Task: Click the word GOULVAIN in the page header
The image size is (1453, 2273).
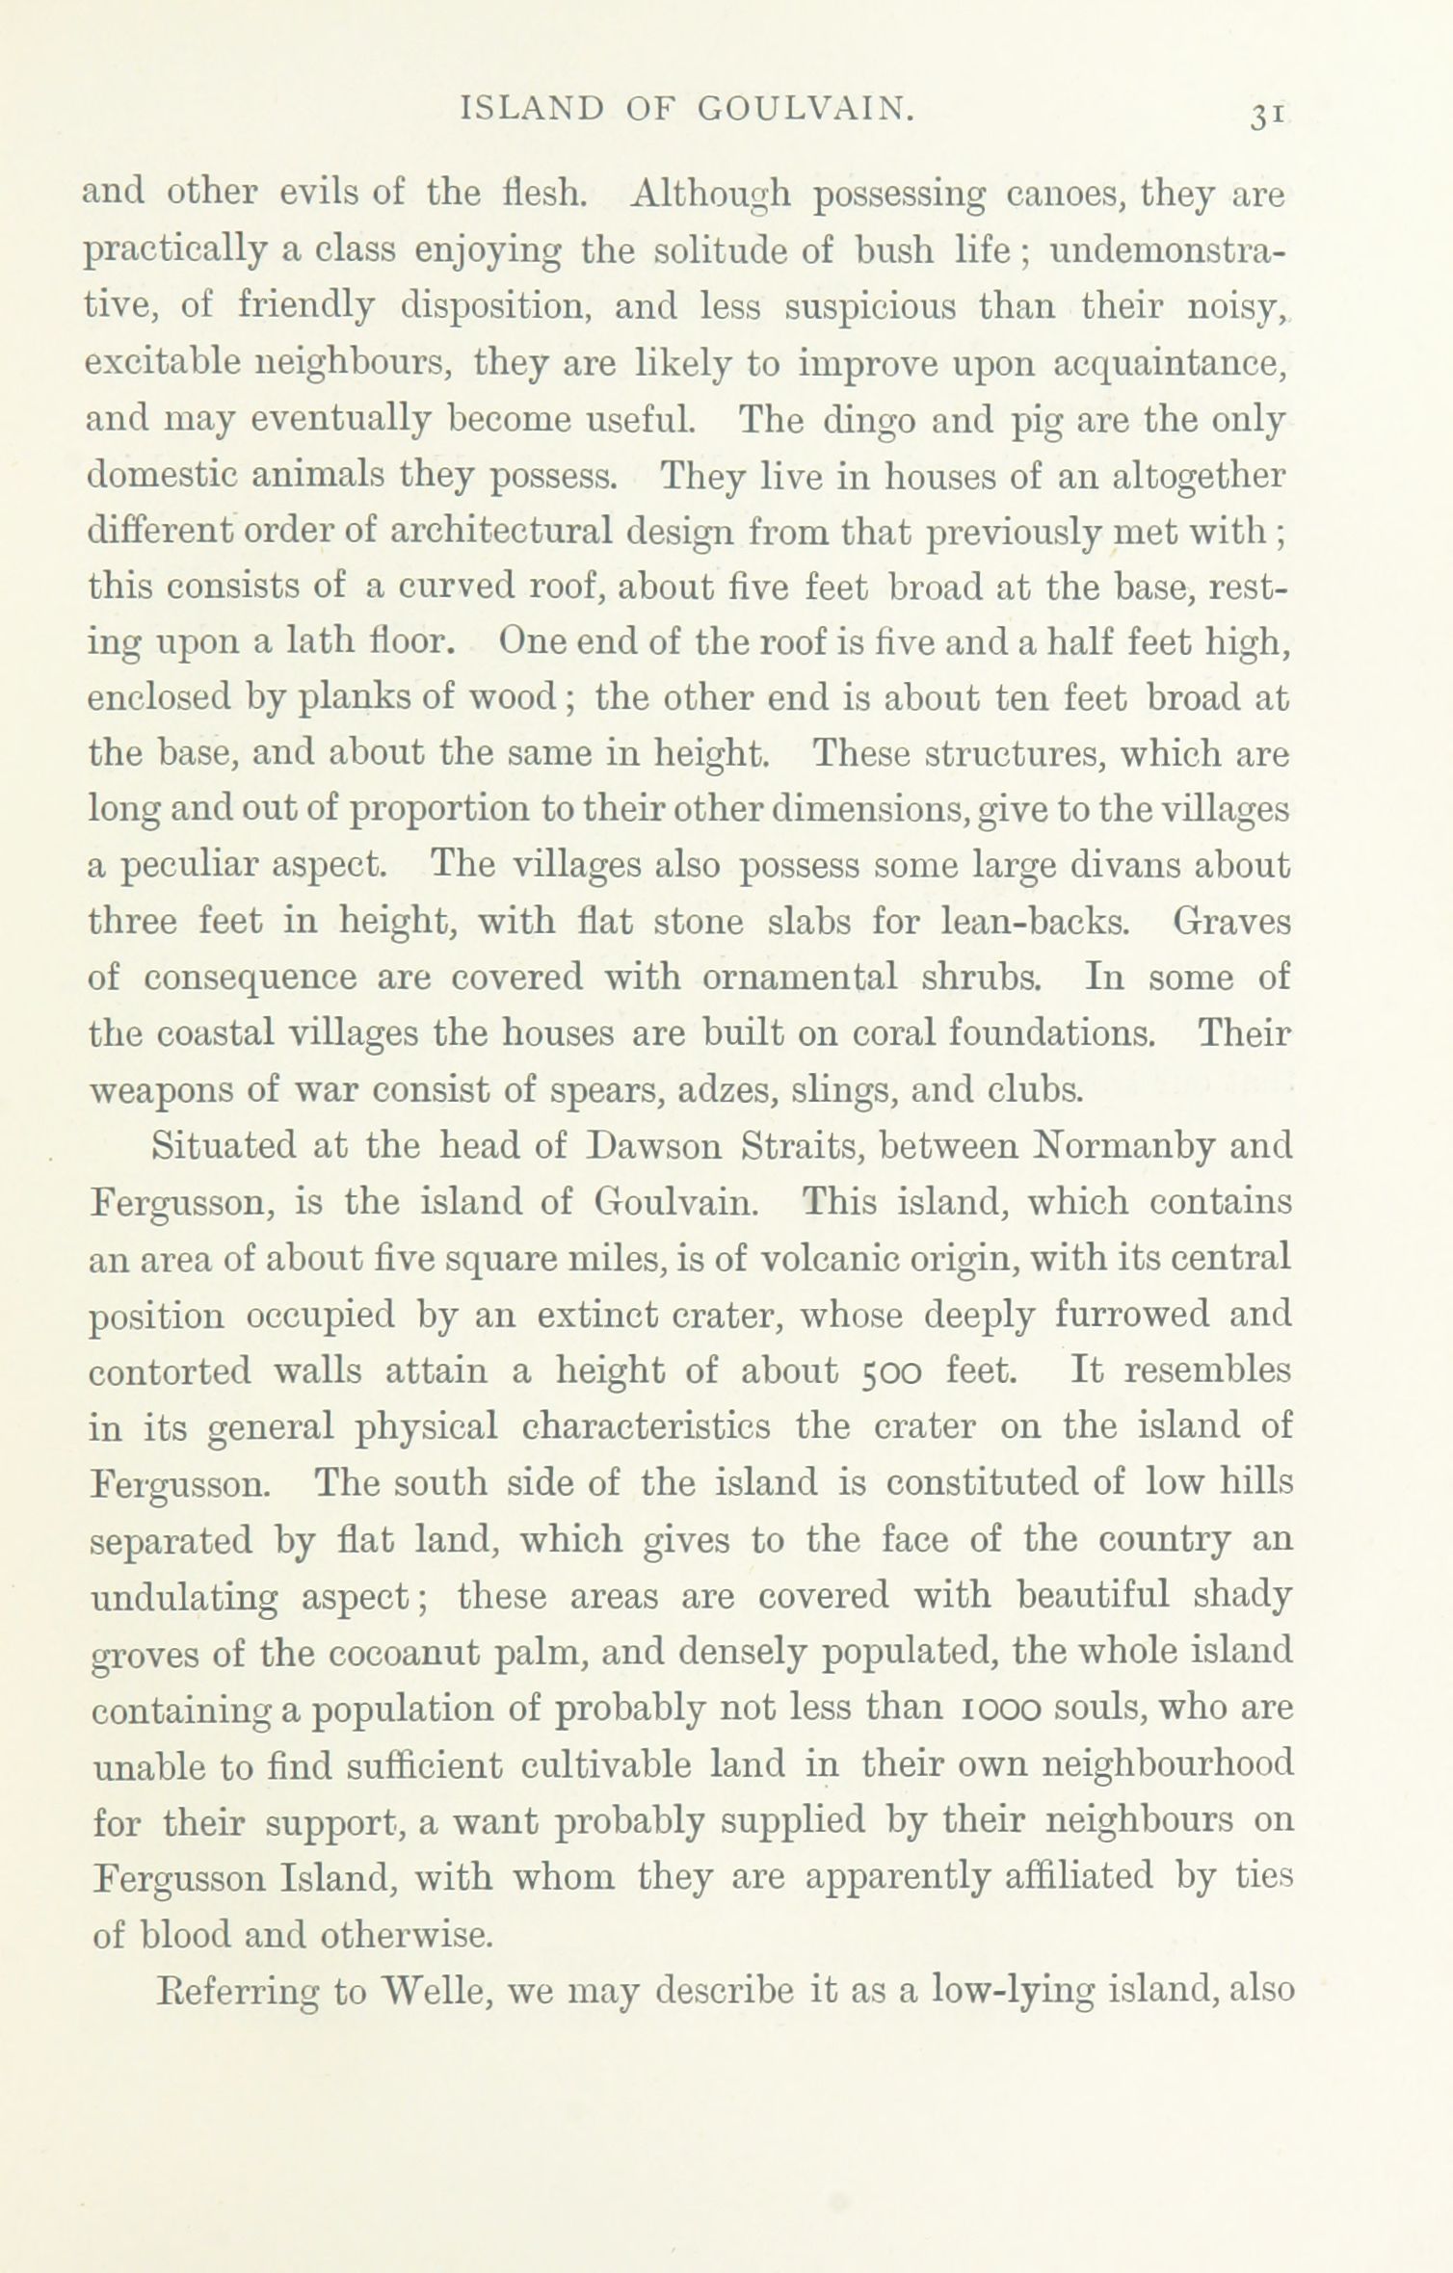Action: coord(805,109)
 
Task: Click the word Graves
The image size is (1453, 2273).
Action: coord(1230,921)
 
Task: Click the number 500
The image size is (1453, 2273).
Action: coord(893,1371)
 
